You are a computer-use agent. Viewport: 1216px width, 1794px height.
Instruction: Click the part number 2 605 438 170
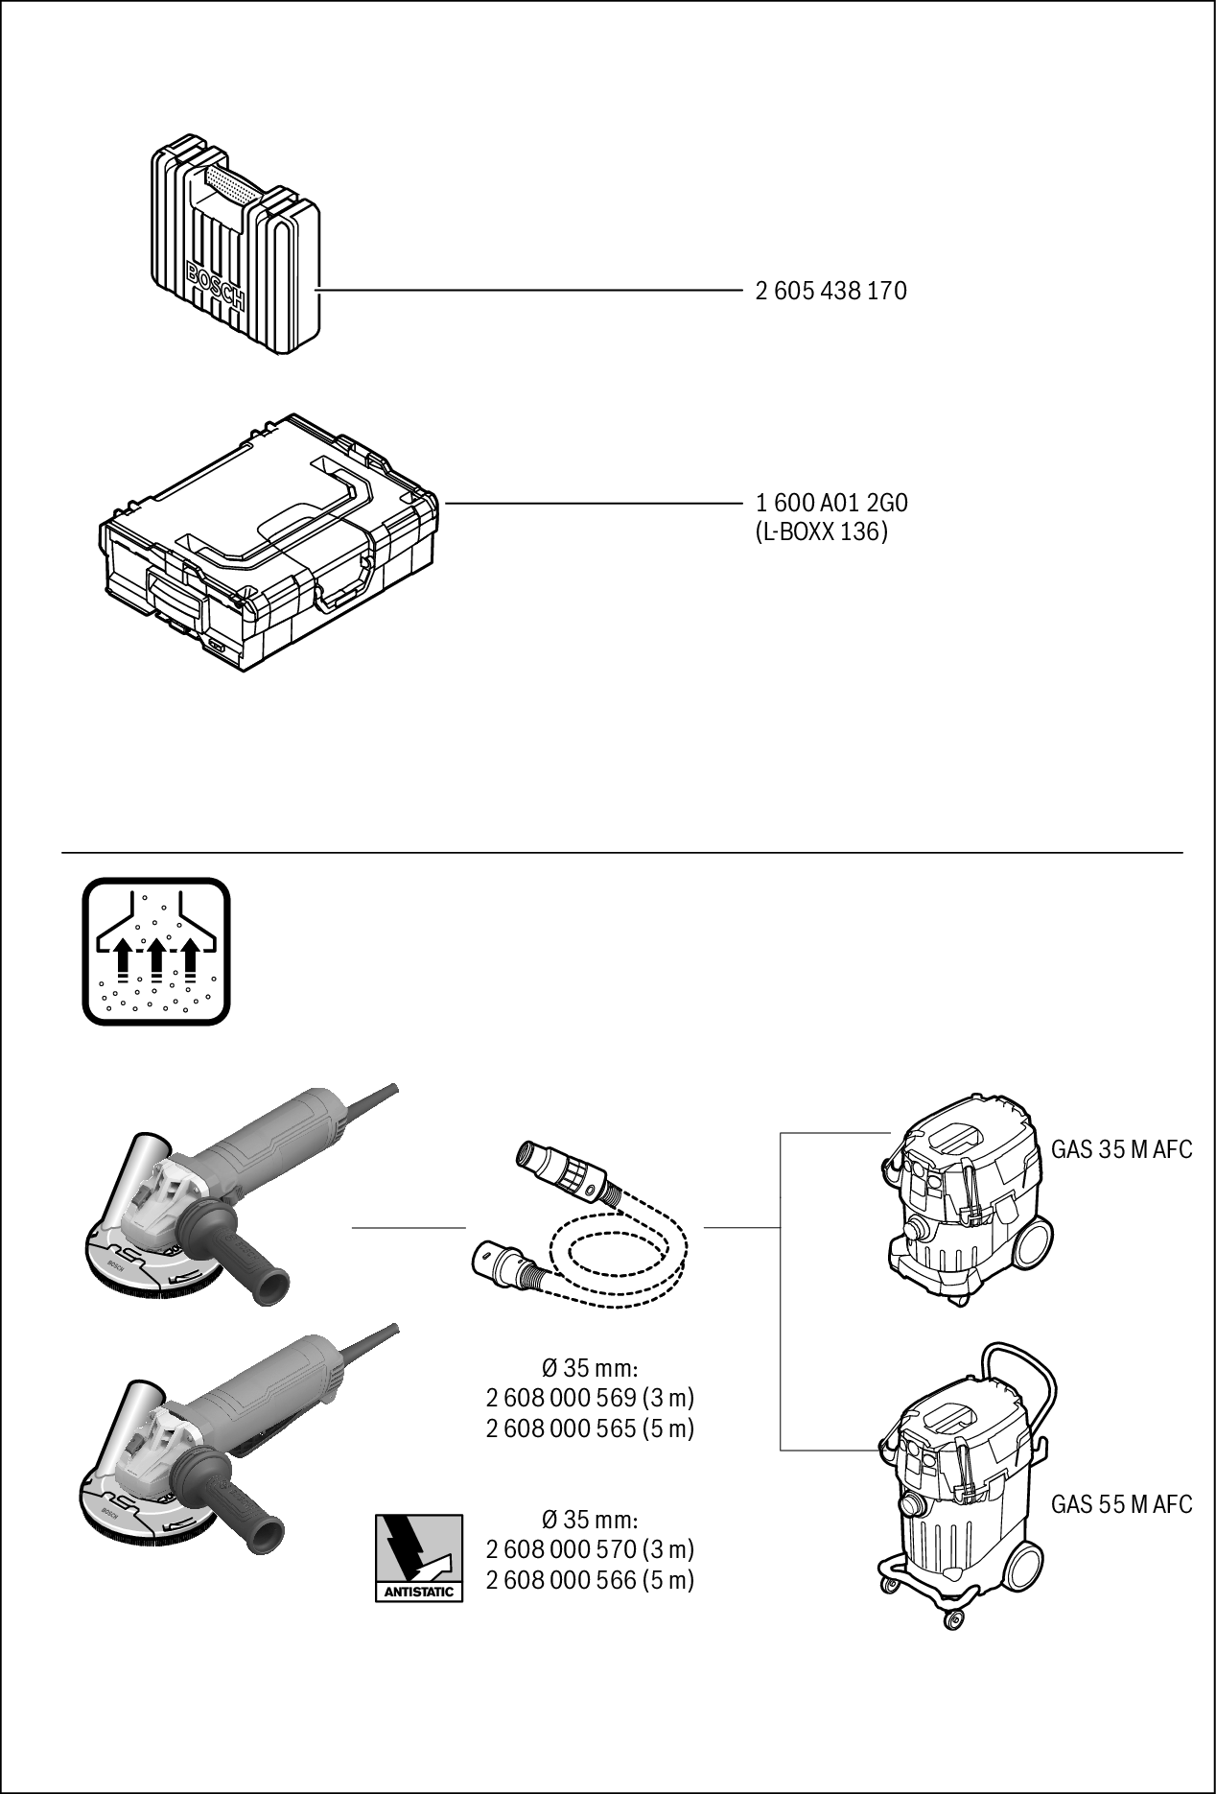[830, 291]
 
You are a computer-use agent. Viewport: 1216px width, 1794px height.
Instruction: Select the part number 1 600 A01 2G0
[830, 503]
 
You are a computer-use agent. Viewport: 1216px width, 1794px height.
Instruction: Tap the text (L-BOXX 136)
[822, 531]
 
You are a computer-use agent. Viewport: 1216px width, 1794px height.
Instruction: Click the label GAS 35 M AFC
[1121, 1149]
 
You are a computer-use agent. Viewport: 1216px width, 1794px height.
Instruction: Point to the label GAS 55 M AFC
[1121, 1504]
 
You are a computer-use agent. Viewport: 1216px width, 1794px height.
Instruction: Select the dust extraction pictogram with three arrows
[156, 951]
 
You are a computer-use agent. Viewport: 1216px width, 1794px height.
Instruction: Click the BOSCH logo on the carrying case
[216, 288]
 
